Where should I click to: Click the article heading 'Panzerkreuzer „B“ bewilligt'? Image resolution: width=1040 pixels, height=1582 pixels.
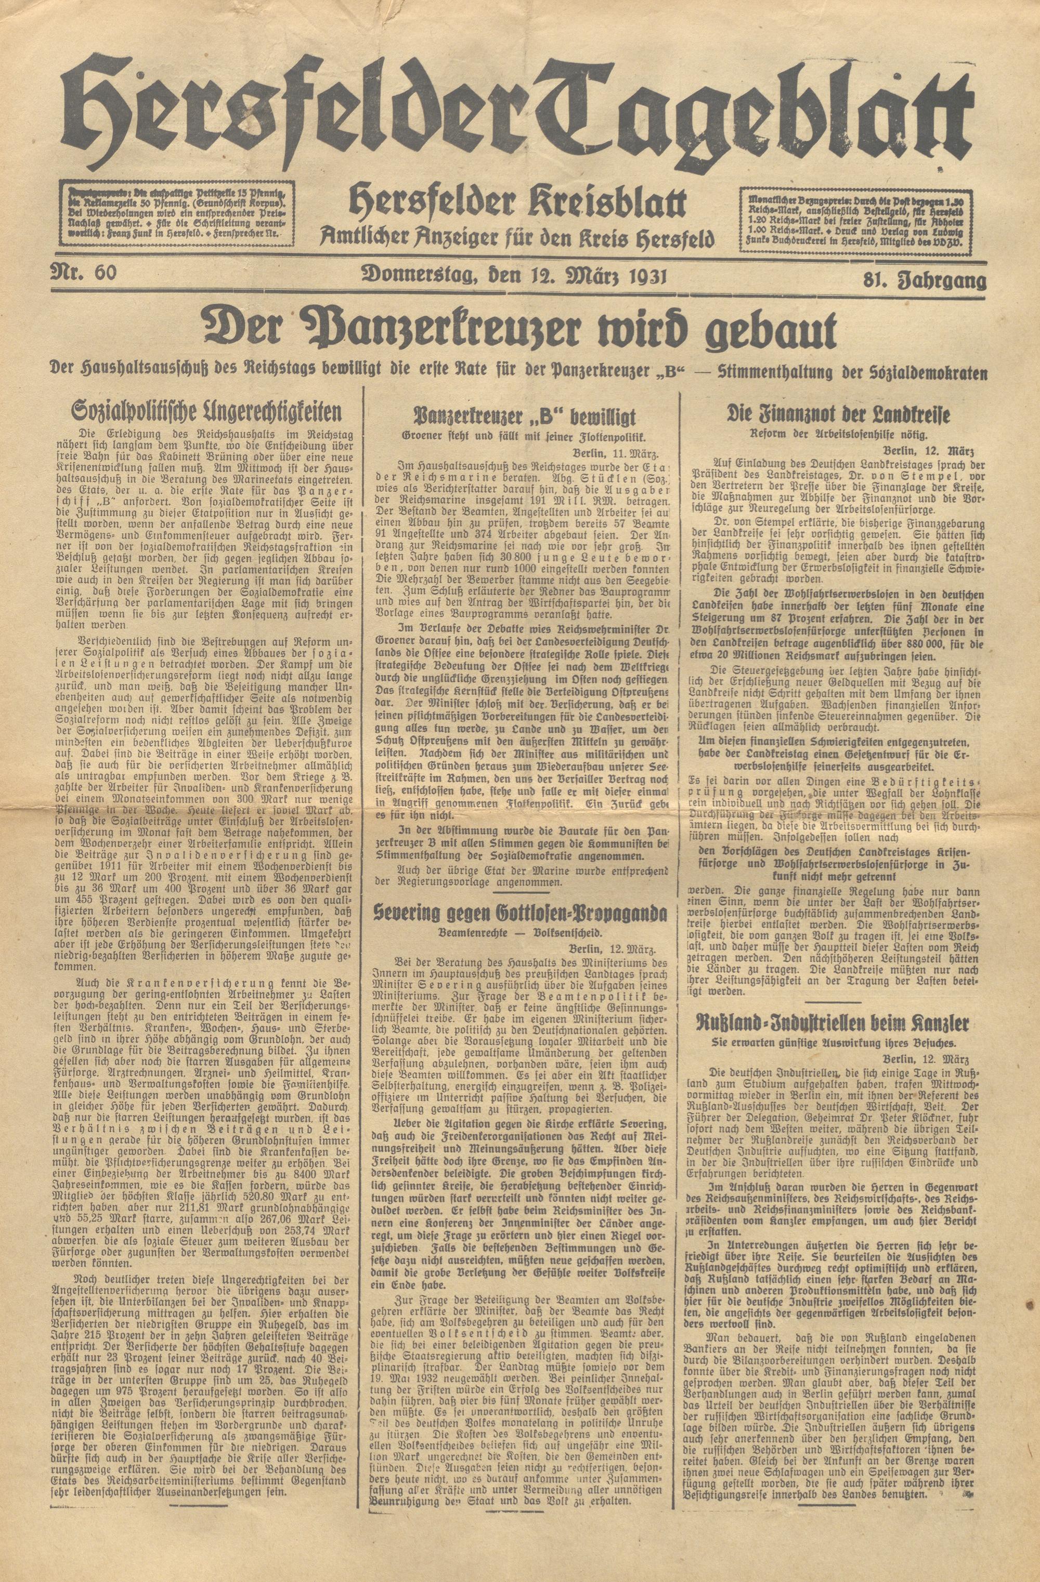525,418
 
